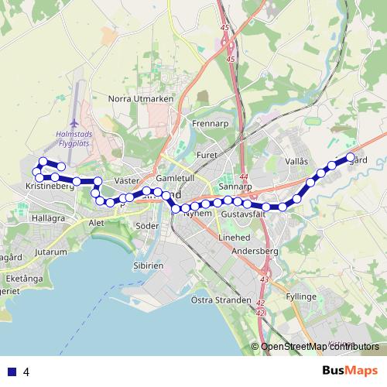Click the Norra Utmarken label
point(141,99)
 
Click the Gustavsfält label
point(244,213)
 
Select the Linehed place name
point(234,237)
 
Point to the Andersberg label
point(255,252)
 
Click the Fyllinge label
point(300,296)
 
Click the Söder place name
point(147,226)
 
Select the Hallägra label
point(50,219)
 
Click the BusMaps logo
point(348,372)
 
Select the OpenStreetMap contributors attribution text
point(321,347)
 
